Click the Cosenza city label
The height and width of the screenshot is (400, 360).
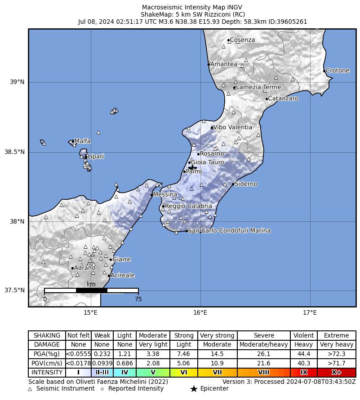(x=242, y=40)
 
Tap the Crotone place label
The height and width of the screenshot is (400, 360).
(x=338, y=70)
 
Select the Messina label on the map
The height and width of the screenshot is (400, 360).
(x=165, y=195)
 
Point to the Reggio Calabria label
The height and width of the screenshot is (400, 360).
(x=188, y=206)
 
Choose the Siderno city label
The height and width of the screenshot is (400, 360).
(x=246, y=184)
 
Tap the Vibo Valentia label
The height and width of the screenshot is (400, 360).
(x=232, y=127)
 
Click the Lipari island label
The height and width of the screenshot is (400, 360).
(x=95, y=157)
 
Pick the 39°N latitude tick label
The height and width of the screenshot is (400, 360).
(x=17, y=82)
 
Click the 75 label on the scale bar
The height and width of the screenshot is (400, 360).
(x=138, y=299)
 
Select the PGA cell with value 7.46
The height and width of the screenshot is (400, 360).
(x=184, y=354)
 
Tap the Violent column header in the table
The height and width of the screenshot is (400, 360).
(x=304, y=335)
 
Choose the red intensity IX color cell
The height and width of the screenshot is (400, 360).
(x=304, y=373)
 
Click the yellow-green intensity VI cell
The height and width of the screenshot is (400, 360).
(x=184, y=373)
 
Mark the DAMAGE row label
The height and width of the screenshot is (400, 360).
(x=47, y=345)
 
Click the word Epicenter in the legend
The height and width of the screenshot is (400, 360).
(x=214, y=388)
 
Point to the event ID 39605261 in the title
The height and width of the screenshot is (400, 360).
(x=294, y=21)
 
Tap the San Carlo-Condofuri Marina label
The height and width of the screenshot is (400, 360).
(x=229, y=231)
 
